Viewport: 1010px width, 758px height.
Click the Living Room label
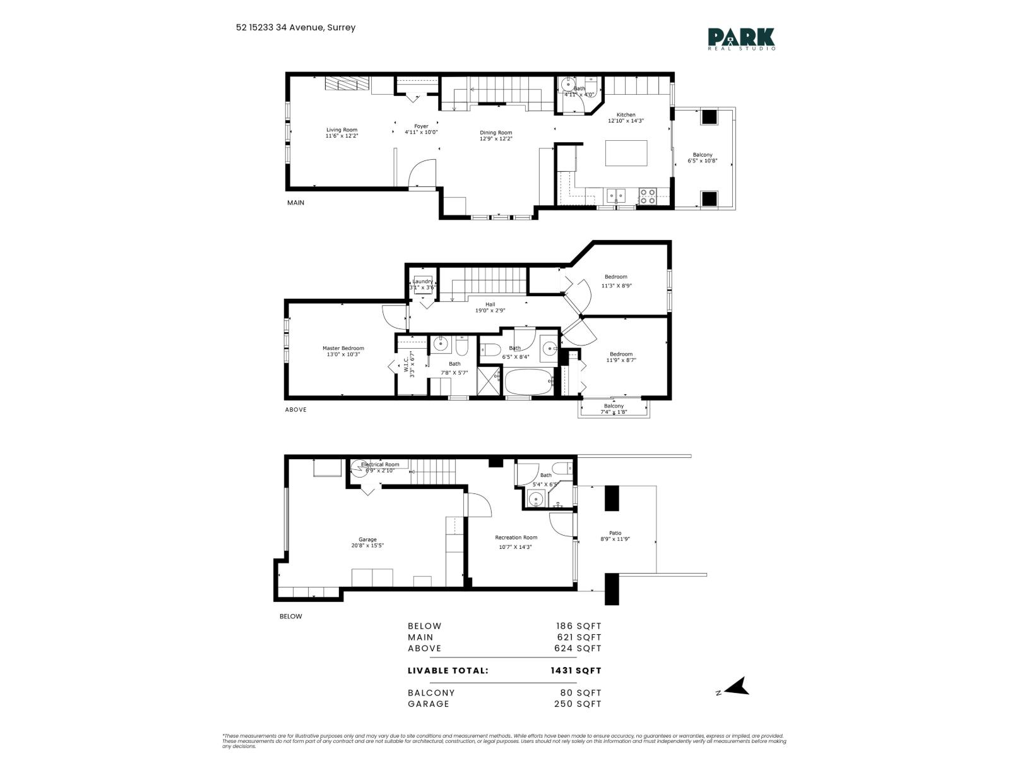[x=342, y=129]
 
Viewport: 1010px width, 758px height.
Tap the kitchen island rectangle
[x=626, y=153]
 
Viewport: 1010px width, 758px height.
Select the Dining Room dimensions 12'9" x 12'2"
[x=496, y=138]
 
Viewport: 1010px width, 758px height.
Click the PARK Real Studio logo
[x=741, y=39]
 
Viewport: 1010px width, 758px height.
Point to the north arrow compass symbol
[x=735, y=687]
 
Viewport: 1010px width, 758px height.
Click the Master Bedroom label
[x=343, y=348]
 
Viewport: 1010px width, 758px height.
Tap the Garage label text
[x=367, y=539]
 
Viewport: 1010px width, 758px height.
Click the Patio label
[x=615, y=533]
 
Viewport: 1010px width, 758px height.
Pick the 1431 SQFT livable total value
[x=576, y=670]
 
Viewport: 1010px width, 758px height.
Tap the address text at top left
[x=295, y=27]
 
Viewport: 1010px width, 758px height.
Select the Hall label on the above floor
[x=490, y=304]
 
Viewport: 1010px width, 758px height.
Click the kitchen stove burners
[x=648, y=196]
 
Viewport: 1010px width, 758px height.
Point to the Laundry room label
[x=422, y=282]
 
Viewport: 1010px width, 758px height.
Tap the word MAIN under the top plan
[x=295, y=203]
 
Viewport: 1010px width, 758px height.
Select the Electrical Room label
[x=380, y=464]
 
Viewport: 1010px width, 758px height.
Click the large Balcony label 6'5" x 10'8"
[x=702, y=155]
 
